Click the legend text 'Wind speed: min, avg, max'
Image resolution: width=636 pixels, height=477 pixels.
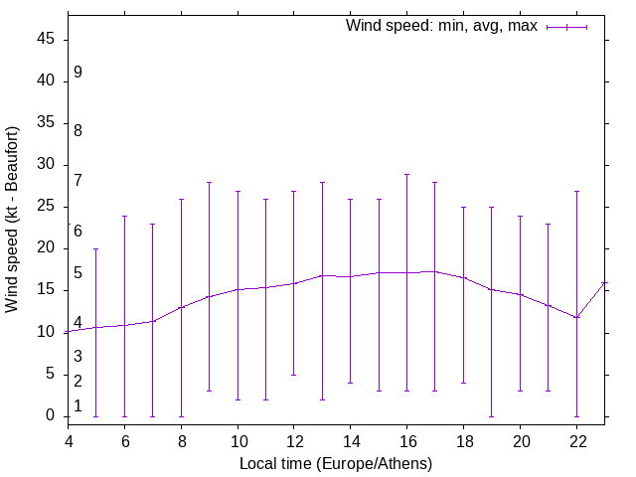[441, 26]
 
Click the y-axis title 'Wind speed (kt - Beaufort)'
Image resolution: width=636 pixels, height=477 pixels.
[13, 219]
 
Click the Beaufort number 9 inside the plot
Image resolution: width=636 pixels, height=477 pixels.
[78, 73]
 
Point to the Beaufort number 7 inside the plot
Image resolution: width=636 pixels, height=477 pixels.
[78, 180]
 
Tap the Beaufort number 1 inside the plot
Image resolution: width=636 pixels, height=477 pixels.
[78, 405]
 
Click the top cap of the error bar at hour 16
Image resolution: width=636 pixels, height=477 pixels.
[407, 174]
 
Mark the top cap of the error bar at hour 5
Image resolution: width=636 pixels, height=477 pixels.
[96, 248]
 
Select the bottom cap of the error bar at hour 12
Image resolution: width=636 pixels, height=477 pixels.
[294, 375]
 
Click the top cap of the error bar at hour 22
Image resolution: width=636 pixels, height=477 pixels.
[577, 191]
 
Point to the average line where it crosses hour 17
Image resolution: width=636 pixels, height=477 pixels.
[435, 271]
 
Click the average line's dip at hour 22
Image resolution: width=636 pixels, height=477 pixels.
[577, 317]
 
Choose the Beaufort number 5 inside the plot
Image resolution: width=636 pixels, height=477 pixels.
[78, 272]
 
